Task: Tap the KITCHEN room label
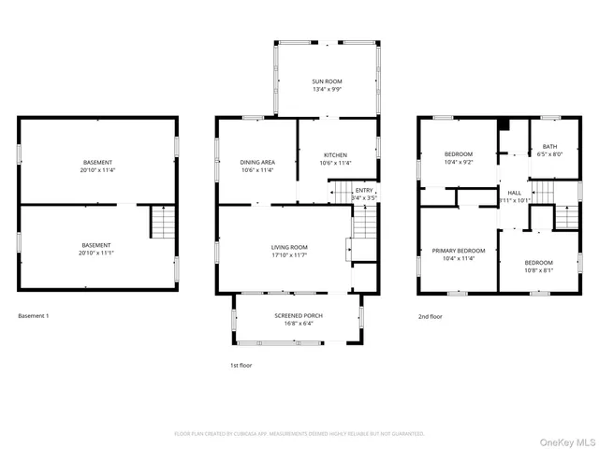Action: click(x=335, y=154)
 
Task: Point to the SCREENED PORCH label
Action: click(x=299, y=316)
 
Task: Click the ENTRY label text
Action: click(x=364, y=190)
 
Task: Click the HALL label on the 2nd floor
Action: click(x=514, y=191)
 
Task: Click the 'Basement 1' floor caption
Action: click(x=34, y=316)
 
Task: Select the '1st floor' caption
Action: click(x=241, y=365)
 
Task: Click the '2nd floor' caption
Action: click(x=430, y=316)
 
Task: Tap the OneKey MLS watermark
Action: click(x=567, y=437)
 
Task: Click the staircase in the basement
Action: click(x=163, y=223)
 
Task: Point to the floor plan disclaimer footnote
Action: click(x=299, y=434)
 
